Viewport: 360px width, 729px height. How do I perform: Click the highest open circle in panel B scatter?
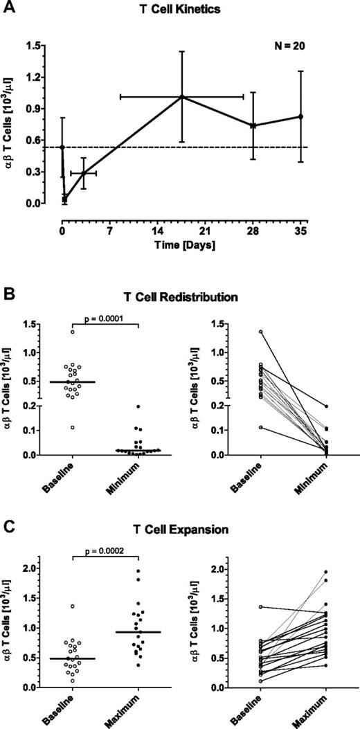point(71,332)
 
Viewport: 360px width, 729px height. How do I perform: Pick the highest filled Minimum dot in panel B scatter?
point(137,406)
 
